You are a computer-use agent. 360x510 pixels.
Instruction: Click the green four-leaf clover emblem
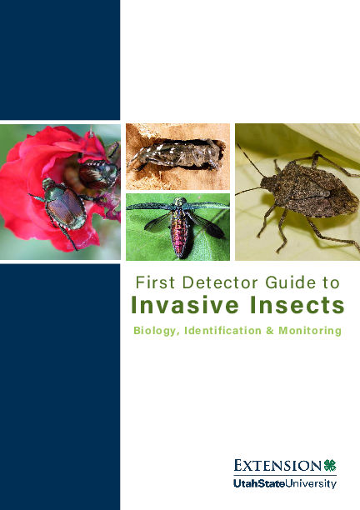330,465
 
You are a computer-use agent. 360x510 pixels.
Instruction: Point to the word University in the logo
312,483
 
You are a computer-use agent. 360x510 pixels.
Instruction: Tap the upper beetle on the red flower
98,172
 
